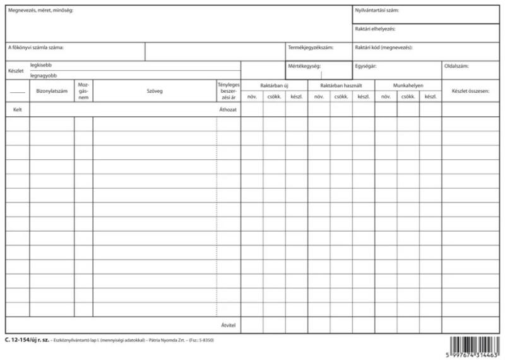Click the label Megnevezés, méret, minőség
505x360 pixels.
pos(40,11)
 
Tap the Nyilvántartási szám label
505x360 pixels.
pos(377,11)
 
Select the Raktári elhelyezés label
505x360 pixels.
pos(375,29)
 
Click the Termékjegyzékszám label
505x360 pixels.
pos(311,47)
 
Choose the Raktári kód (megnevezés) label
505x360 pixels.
pos(383,47)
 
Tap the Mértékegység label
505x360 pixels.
pos(304,66)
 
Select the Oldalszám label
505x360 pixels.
pos(456,66)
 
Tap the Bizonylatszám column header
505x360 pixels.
pos(52,91)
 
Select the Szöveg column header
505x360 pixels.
pos(155,91)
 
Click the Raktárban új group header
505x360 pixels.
pos(274,85)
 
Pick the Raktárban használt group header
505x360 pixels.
pos(341,85)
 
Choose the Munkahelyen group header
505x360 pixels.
pos(408,85)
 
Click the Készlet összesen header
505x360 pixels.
pos(471,91)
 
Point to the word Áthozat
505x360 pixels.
pos(227,109)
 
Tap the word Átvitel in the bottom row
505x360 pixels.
pos(228,325)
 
